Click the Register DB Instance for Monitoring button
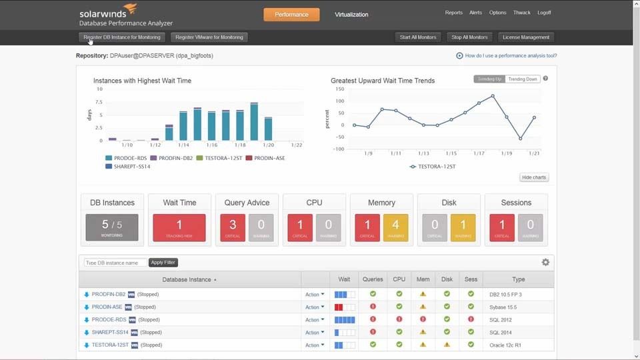tap(122, 37)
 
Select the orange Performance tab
tap(291, 14)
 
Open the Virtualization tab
tap(351, 14)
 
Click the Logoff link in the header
tap(544, 13)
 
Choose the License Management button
tap(526, 37)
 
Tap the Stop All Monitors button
tap(469, 37)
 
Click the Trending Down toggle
tap(523, 79)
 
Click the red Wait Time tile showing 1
tap(179, 227)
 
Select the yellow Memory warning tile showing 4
tap(395, 227)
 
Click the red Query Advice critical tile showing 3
tap(233, 227)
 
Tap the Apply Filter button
tap(163, 263)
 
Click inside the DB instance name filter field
tap(115, 263)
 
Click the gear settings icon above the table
tap(545, 263)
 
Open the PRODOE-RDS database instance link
tap(109, 320)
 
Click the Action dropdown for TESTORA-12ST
tap(315, 345)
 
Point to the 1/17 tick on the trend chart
tap(479, 153)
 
